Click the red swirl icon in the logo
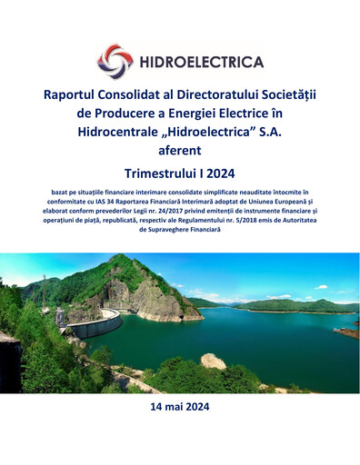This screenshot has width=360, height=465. point(115,61)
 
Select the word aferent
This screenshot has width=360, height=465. point(179,151)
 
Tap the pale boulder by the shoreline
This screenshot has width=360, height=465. point(213,361)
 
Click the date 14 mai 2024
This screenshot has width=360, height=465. point(179,408)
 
